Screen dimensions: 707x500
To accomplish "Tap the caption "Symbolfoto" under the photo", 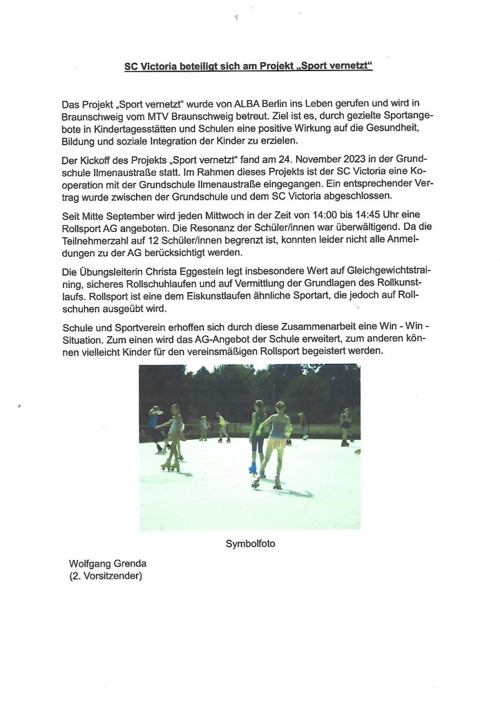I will coord(250,544).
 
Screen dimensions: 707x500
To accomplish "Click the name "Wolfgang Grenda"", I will coord(107,563).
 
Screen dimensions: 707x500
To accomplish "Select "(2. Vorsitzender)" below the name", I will coord(106,575).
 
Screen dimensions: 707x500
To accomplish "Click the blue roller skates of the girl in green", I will coord(254,469).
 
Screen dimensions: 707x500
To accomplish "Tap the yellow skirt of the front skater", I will coord(277,443).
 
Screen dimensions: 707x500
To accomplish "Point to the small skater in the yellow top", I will coord(222,423).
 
